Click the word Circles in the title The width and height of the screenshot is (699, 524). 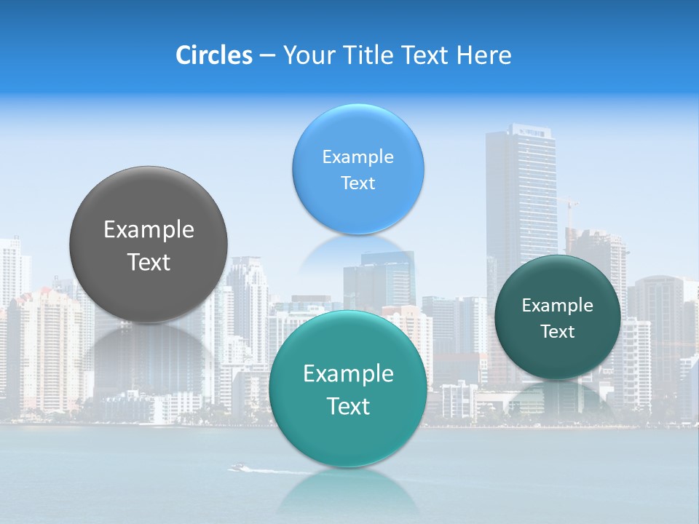tap(213, 55)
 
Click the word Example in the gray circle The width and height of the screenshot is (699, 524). tap(149, 230)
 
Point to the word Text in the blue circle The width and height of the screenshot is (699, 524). tap(358, 183)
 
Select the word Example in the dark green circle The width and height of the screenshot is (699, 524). tap(557, 306)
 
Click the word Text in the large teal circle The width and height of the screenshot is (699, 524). tap(347, 406)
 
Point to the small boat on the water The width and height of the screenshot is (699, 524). tap(237, 467)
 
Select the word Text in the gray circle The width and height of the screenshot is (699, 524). tap(149, 263)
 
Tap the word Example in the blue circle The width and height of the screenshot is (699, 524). tap(358, 157)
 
